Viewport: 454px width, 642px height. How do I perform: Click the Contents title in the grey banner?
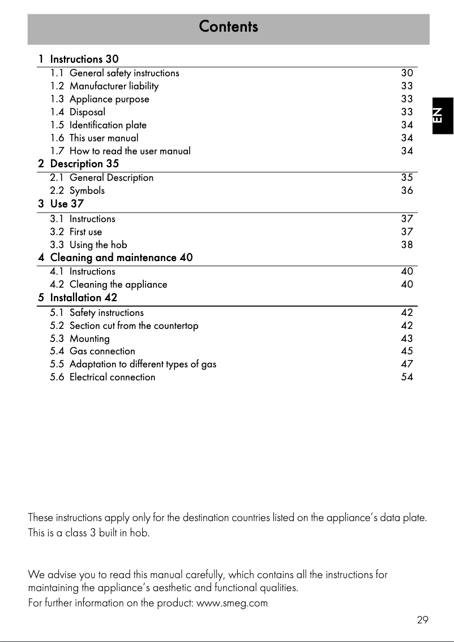tap(228, 27)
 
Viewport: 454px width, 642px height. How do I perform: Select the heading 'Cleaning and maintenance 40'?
tap(121, 258)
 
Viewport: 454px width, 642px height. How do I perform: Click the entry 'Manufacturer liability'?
tap(114, 86)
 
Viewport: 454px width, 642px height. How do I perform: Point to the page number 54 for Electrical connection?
tap(406, 377)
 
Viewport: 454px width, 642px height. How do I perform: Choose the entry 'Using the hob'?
tap(98, 245)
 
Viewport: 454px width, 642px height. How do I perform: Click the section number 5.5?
tap(57, 364)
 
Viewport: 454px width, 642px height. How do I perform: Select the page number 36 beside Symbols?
tap(406, 190)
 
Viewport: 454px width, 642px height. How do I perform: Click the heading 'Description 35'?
tap(84, 164)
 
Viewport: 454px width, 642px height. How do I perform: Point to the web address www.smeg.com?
tap(231, 603)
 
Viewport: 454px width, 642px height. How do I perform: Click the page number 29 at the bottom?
tap(422, 620)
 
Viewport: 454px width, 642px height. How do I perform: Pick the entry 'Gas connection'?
tap(102, 351)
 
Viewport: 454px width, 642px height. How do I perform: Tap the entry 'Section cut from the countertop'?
tap(134, 326)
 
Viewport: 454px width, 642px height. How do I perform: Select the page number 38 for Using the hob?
tap(406, 245)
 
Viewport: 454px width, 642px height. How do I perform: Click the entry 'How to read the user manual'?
tap(130, 151)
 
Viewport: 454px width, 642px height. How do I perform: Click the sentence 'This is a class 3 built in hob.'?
tap(89, 533)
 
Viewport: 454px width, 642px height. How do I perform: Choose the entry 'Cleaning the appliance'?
tap(118, 284)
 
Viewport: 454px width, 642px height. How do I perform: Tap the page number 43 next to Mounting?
tap(406, 339)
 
